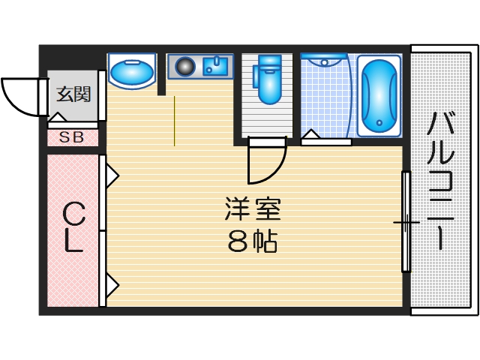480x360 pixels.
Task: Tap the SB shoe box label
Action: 73,137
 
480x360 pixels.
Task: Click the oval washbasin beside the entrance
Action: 131,73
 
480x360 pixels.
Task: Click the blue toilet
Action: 268,79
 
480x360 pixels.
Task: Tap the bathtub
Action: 379,94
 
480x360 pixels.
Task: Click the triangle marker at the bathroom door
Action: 310,136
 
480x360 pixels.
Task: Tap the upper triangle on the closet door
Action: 111,176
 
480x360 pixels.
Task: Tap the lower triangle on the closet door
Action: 111,285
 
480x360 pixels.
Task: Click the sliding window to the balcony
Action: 405,221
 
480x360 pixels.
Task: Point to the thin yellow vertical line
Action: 174,120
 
